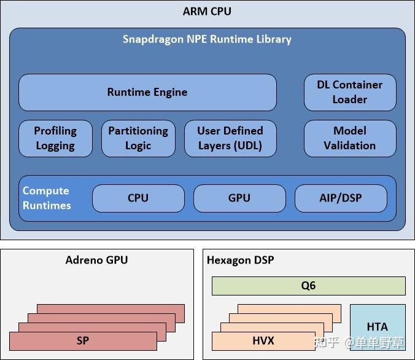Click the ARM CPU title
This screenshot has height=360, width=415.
click(207, 11)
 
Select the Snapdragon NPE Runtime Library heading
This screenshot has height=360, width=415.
click(207, 39)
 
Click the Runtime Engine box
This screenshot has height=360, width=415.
click(147, 92)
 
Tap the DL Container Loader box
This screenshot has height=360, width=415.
click(350, 92)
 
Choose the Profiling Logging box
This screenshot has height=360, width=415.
click(55, 138)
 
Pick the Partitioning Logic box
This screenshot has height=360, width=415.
click(138, 138)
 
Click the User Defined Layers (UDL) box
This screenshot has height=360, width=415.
click(230, 138)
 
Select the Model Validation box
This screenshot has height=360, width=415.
click(350, 138)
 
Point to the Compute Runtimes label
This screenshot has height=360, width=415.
click(47, 198)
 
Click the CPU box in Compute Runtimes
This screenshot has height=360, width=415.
click(138, 198)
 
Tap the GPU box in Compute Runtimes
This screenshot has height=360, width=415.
click(239, 198)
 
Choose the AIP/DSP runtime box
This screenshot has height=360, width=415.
click(341, 198)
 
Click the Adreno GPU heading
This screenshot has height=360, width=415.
click(96, 260)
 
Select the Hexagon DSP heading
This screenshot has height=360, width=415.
click(240, 260)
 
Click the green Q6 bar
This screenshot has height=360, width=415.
click(308, 286)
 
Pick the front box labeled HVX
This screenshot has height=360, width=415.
click(263, 341)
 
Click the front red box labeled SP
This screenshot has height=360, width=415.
click(83, 341)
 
